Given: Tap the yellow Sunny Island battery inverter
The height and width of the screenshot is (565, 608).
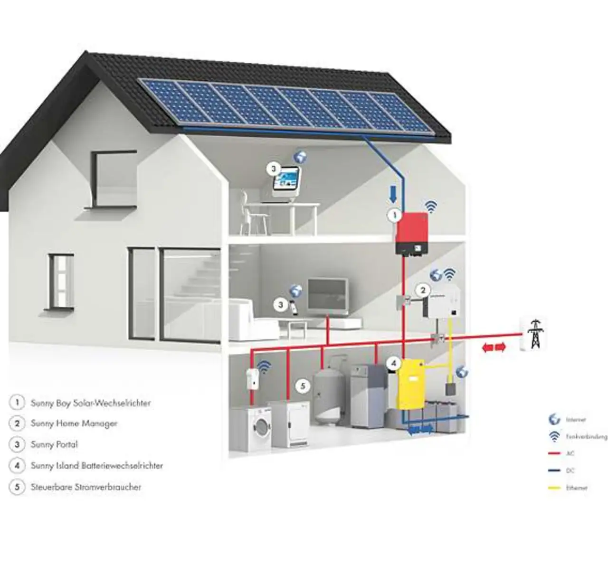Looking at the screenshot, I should point(411,385).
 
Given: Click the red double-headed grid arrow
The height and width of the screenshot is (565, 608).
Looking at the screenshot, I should point(494,348).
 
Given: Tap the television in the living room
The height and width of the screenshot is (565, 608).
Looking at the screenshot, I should point(327,295).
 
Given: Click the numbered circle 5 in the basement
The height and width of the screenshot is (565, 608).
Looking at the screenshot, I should point(303,386).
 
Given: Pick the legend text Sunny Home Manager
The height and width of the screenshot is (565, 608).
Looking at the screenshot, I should point(74,424).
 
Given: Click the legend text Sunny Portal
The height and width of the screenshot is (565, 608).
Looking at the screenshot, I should point(54,445).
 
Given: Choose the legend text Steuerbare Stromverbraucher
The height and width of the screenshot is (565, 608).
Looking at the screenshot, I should point(86,487).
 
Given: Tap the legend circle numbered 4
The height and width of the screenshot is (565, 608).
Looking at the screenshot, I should point(17,466).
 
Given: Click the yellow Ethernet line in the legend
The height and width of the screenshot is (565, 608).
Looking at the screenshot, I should point(554,488).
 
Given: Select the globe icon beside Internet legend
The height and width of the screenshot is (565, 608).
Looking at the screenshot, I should point(554,419).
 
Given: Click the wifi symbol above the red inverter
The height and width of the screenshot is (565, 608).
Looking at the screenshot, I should point(431,206).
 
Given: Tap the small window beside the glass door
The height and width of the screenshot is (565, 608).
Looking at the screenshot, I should point(61,282).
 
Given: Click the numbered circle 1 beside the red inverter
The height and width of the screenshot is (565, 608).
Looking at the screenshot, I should point(393,215).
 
